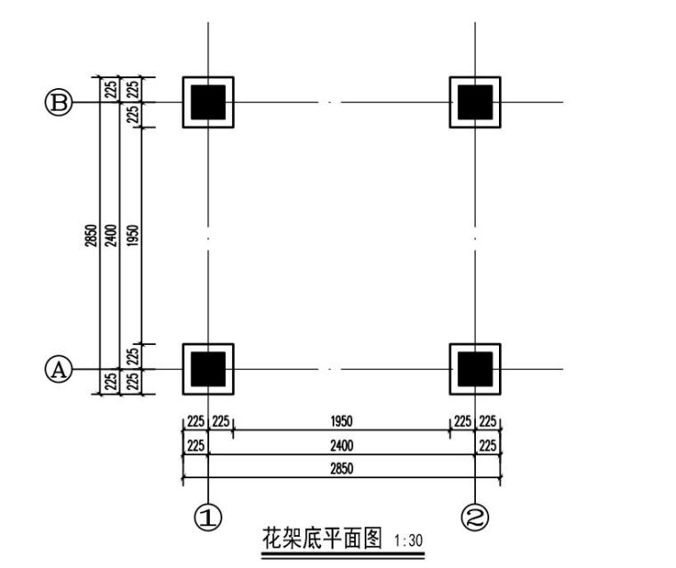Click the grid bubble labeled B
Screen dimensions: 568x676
pos(59,103)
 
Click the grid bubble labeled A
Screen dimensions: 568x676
pos(59,369)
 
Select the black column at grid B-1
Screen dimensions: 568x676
pos(208,102)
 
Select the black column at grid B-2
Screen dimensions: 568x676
pos(475,102)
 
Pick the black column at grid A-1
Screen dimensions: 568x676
pos(208,369)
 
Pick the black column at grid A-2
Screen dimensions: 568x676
pos(475,369)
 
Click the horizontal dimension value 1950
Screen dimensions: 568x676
pos(342,421)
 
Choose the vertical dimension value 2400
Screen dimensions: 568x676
pos(110,236)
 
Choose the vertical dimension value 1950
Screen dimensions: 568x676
pos(133,236)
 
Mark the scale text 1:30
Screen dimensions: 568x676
pos(408,540)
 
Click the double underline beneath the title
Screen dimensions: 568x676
pos(343,555)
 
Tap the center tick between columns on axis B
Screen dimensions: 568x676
pos(331,102)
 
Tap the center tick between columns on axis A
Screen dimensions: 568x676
pos(331,369)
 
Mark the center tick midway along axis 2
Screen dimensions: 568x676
pos(475,238)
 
